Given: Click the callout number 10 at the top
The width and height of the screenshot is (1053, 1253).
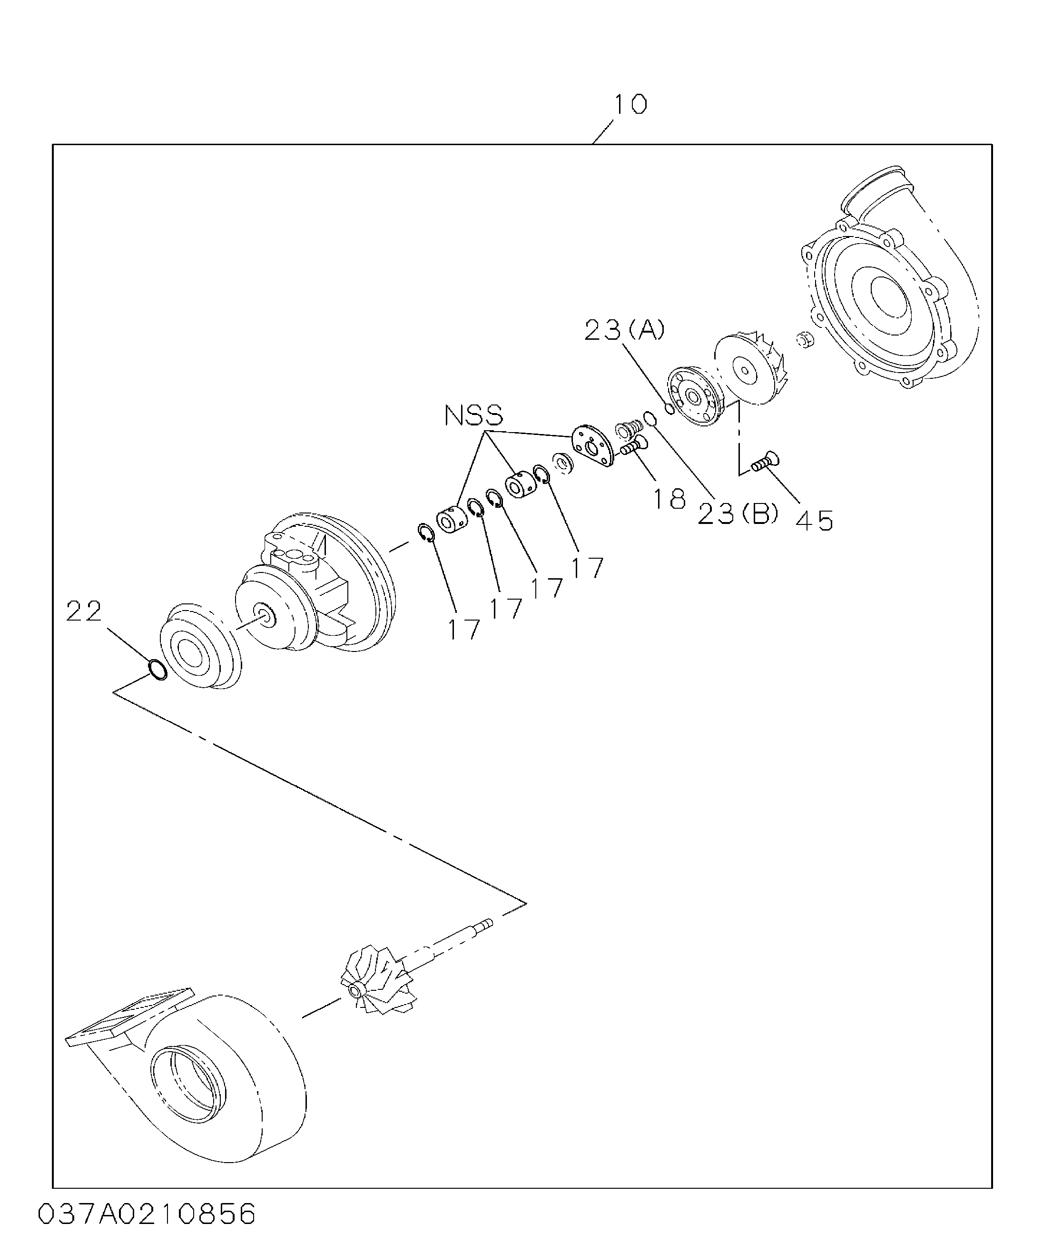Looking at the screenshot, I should (x=630, y=105).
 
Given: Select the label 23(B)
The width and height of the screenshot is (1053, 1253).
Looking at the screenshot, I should (x=738, y=513).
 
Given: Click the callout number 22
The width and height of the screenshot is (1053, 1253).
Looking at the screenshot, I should (x=84, y=612).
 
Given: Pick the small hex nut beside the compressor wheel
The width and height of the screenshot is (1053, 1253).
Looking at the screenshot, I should (x=804, y=340).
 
